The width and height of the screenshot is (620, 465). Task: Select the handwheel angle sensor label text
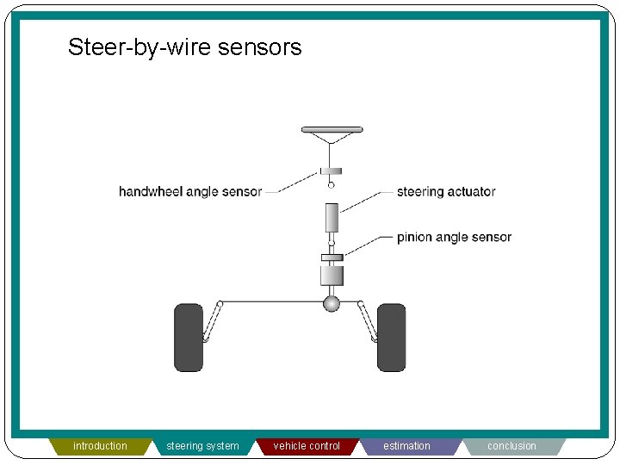[x=189, y=191]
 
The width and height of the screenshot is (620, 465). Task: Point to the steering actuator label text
[x=446, y=191]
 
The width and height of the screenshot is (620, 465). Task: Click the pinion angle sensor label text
[x=454, y=237]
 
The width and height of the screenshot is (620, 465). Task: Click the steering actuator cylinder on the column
[x=332, y=217]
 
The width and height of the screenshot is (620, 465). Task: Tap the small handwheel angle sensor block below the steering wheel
[x=332, y=170]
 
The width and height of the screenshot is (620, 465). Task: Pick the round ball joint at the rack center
[x=332, y=303]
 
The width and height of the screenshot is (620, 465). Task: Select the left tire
[x=189, y=337]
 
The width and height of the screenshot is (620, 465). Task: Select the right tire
[x=391, y=337]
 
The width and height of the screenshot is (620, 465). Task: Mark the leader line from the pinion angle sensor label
[x=369, y=245]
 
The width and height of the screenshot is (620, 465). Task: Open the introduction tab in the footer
[x=100, y=446]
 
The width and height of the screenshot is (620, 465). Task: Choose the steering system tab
[x=202, y=446]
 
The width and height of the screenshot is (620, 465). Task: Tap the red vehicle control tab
[x=307, y=446]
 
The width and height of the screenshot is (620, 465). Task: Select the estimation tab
[x=406, y=446]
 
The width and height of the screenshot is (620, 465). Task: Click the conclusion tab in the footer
[x=512, y=446]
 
